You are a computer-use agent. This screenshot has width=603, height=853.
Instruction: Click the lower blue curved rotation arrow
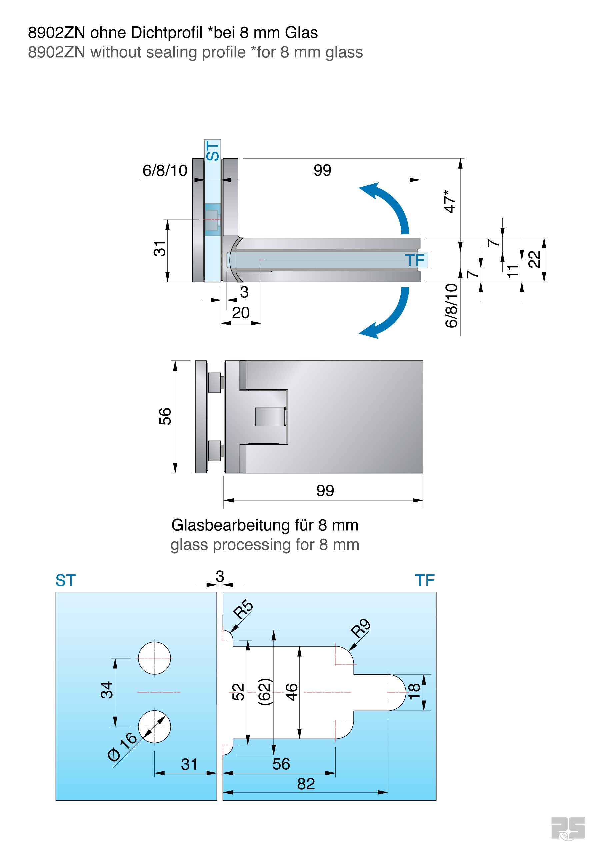point(392,316)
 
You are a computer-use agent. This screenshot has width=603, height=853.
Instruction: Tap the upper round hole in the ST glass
point(154,658)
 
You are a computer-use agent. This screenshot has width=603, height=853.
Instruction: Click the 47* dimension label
point(450,201)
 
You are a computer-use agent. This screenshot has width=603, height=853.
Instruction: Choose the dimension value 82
point(306,784)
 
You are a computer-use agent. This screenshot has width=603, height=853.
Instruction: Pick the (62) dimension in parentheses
point(265,692)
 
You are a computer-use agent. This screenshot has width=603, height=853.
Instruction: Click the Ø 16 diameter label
point(122,746)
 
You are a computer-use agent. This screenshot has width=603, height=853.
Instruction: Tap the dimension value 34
point(107,690)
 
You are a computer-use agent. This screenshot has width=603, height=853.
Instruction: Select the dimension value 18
point(414,691)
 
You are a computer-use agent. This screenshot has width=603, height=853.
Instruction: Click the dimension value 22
point(534,259)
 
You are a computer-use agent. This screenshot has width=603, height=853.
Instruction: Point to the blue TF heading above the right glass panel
point(425,581)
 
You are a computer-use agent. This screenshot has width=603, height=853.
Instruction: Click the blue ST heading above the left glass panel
point(66,581)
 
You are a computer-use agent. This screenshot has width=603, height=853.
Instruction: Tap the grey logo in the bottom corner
point(568,828)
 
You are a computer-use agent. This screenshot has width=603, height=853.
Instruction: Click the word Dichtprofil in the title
point(167,33)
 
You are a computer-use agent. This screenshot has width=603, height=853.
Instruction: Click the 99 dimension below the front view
point(325,491)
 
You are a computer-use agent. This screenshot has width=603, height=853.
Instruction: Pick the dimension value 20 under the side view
point(241,313)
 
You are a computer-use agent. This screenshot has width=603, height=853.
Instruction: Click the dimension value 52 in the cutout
point(239,692)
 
